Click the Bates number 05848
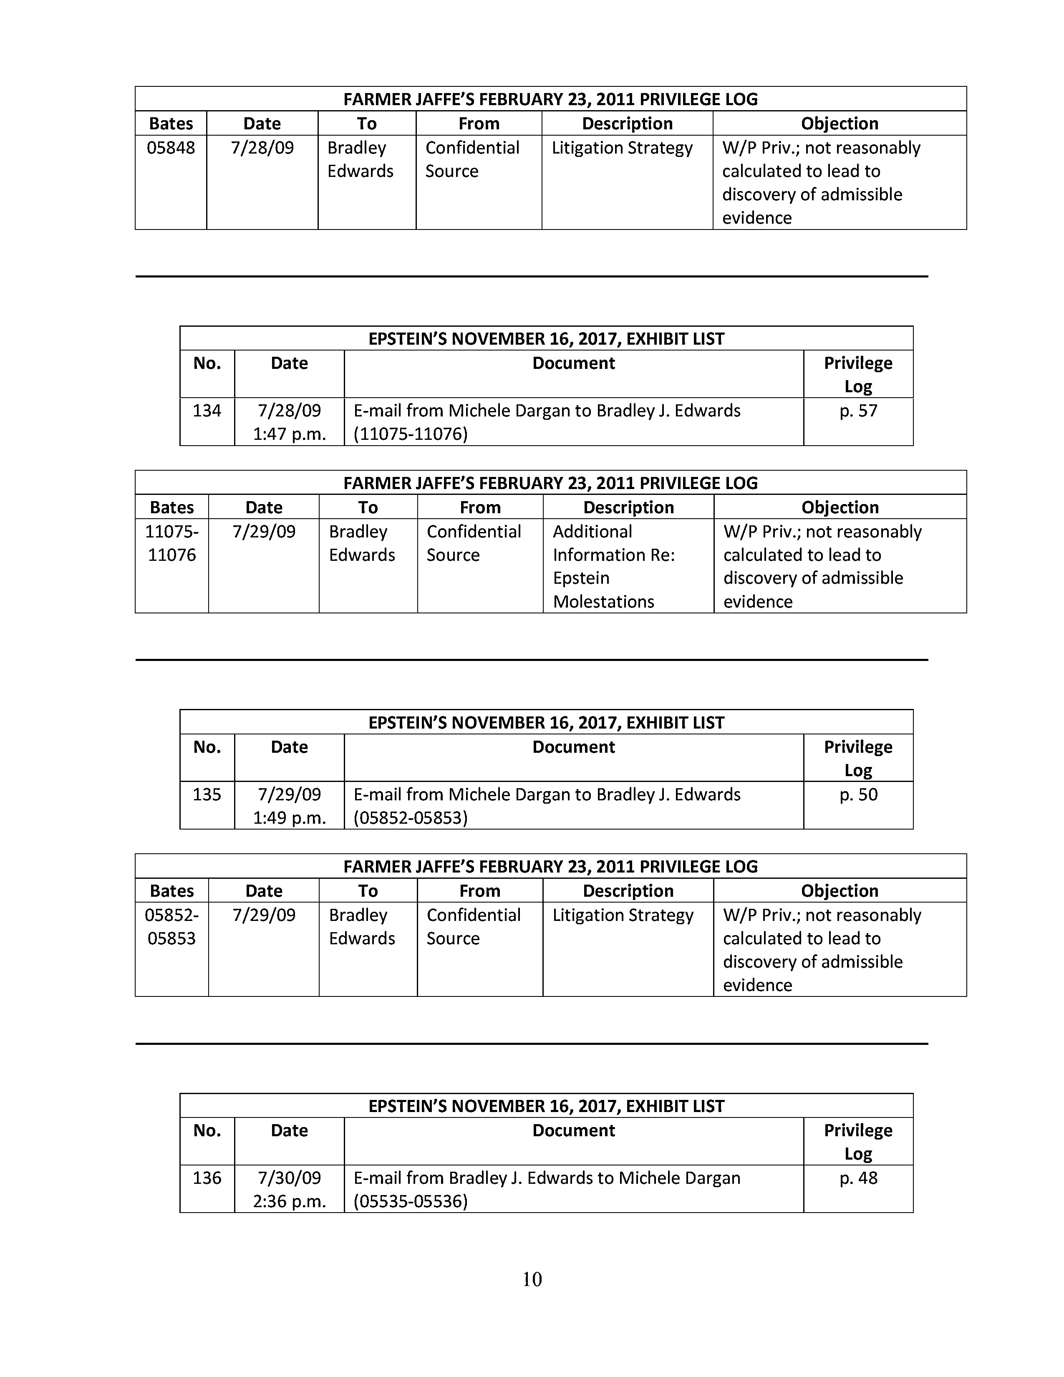[x=171, y=148]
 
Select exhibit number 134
[x=207, y=411]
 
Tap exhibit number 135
[x=207, y=794]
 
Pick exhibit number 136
[x=207, y=1178]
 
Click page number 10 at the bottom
[x=532, y=1279]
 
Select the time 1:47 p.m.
[x=289, y=434]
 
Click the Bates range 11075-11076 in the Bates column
[x=171, y=543]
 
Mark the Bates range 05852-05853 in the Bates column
[x=171, y=927]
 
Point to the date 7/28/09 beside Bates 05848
[x=262, y=148]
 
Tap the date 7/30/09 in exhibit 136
[x=289, y=1178]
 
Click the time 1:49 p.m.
[x=289, y=818]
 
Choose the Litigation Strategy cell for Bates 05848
[x=622, y=148]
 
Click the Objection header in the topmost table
[x=840, y=124]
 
